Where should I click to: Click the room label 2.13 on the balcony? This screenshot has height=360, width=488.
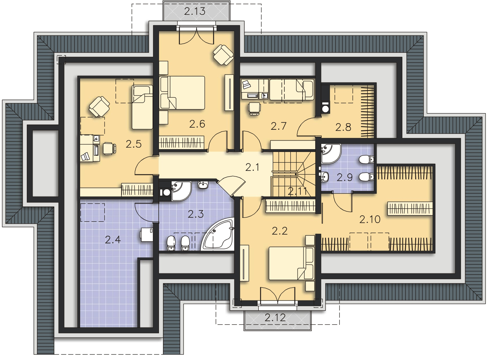pyautogui.click(x=194, y=11)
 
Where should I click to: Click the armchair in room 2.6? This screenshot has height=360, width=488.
pyautogui.click(x=223, y=55)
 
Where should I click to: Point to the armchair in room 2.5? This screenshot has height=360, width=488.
pyautogui.click(x=99, y=107)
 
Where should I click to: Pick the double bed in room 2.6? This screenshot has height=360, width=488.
pyautogui.click(x=182, y=92)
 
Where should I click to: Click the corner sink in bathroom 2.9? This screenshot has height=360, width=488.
pyautogui.click(x=330, y=153)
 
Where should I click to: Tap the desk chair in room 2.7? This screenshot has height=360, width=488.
pyautogui.click(x=254, y=108)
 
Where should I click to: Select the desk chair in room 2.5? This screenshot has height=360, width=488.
pyautogui.click(x=109, y=148)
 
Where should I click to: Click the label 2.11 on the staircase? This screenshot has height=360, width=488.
pyautogui.click(x=297, y=191)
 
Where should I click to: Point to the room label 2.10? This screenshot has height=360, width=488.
pyautogui.click(x=370, y=219)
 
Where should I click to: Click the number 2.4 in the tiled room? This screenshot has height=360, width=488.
pyautogui.click(x=113, y=240)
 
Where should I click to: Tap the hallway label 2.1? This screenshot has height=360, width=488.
pyautogui.click(x=252, y=167)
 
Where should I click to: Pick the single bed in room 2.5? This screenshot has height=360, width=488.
pyautogui.click(x=142, y=107)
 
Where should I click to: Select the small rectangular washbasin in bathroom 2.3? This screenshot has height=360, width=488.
pyautogui.click(x=203, y=185)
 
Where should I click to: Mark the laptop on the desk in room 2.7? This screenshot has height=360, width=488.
pyautogui.click(x=246, y=84)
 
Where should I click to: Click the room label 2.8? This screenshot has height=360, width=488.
pyautogui.click(x=343, y=127)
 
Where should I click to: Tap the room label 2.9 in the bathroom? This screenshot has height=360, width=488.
pyautogui.click(x=345, y=178)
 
